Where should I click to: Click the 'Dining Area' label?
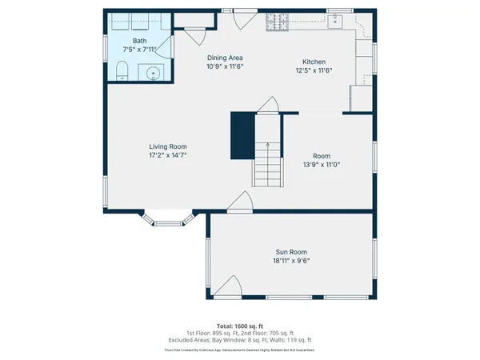point(225,58)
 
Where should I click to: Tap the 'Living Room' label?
point(168,146)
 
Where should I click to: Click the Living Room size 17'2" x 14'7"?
point(168,155)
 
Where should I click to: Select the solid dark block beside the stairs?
point(242,135)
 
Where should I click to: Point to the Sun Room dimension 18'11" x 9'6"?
point(291,261)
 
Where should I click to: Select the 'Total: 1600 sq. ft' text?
point(240,326)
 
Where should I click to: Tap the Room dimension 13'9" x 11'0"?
point(322,165)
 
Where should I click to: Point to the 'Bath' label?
point(140,40)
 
